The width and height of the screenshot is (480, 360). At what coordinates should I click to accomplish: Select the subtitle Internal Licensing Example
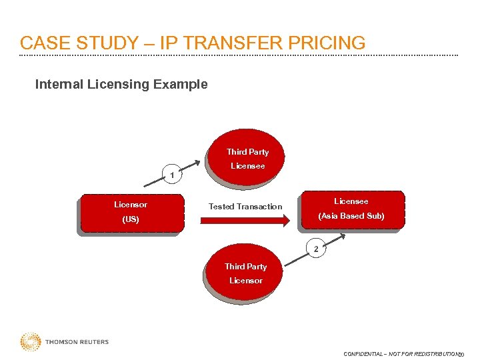[x=121, y=85]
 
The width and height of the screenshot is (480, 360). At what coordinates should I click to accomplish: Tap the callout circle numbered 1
[x=172, y=175]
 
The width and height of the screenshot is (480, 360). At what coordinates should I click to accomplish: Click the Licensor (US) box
[x=131, y=212]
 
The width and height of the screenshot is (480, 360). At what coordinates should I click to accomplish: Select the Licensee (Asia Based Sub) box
[x=351, y=209]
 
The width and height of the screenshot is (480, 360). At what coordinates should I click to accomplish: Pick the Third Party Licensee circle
[x=247, y=159]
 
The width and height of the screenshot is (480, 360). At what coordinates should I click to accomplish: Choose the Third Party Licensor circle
[x=245, y=273]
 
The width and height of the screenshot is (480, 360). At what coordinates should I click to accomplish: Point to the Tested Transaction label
[x=245, y=207]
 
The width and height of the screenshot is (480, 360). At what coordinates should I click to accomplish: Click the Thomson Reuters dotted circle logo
[x=30, y=342]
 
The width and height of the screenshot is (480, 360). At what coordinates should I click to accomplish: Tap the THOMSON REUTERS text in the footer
[x=77, y=342]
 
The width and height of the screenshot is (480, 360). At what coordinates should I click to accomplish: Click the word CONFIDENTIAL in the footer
[x=363, y=354]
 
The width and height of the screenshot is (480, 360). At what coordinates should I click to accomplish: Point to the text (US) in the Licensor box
[x=131, y=219]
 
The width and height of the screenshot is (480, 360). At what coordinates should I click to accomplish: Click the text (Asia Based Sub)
[x=351, y=216]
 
